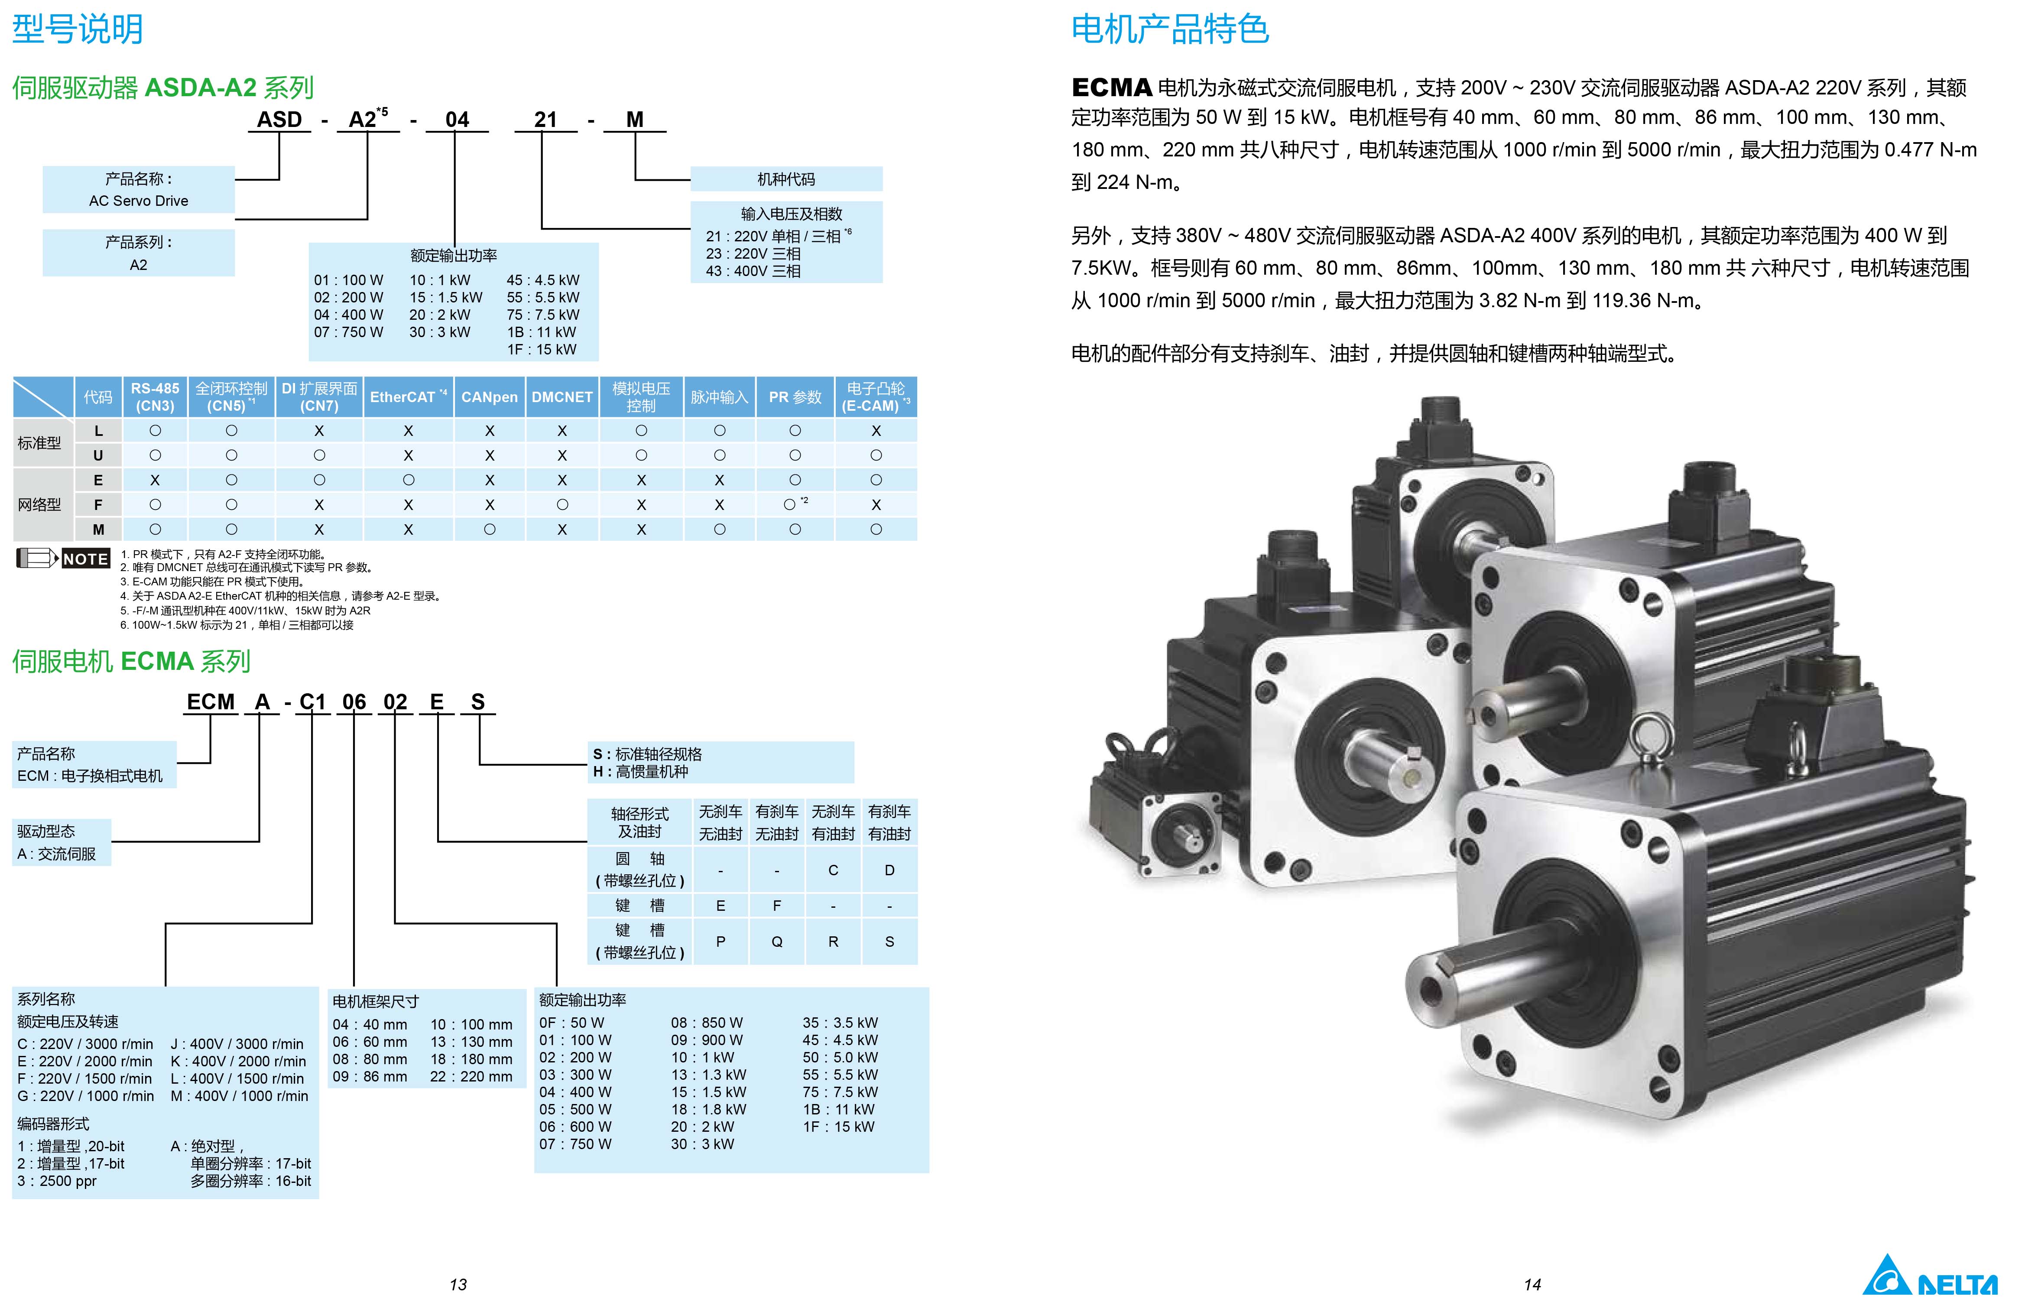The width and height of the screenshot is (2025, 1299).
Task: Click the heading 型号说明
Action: coord(78,29)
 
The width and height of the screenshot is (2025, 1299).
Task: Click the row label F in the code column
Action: coord(99,504)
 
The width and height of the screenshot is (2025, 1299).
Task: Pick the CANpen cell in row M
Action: coord(489,529)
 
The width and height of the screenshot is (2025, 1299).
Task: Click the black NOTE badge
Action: coord(85,559)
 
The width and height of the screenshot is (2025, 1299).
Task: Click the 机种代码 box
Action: coord(786,179)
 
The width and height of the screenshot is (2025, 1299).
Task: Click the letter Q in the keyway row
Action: coord(777,942)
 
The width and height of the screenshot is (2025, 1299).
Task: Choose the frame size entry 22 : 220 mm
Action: coord(471,1076)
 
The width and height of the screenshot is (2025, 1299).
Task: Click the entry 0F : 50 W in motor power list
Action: coord(572,1022)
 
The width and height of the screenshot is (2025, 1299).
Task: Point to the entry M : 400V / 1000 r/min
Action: coord(240,1096)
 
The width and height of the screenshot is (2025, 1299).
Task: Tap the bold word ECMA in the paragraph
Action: coord(1112,88)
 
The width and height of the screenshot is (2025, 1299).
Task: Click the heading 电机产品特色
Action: coord(1170,29)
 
